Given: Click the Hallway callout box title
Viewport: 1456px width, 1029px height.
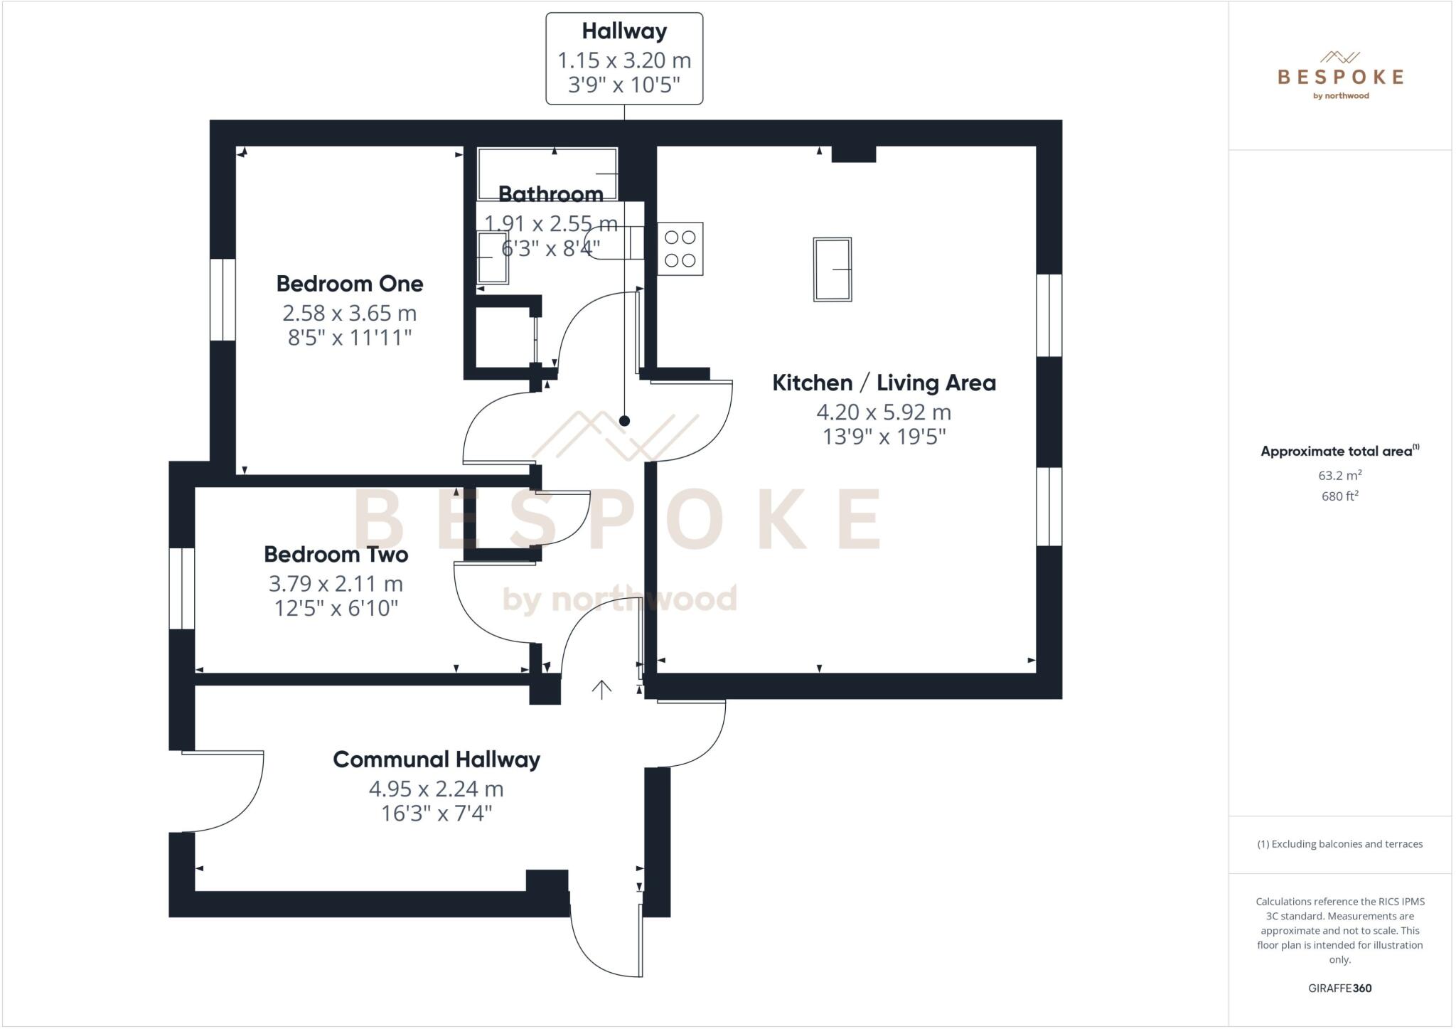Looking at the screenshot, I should (x=624, y=31).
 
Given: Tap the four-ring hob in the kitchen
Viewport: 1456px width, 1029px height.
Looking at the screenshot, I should (x=680, y=249).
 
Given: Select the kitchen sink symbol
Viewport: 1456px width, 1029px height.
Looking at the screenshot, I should (x=833, y=270).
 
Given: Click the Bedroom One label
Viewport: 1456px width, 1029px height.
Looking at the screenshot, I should (x=349, y=284).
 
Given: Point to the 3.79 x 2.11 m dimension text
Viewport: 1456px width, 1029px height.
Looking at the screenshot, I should (x=336, y=584).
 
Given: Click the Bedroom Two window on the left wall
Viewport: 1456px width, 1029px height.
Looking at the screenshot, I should (x=182, y=588).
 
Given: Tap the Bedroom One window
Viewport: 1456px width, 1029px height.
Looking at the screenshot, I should (x=223, y=299).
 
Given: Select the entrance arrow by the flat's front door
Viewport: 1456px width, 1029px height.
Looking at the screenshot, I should (x=601, y=689).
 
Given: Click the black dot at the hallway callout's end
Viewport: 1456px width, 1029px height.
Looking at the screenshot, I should (x=624, y=421).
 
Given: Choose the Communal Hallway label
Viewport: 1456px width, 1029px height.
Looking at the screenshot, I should (x=436, y=759).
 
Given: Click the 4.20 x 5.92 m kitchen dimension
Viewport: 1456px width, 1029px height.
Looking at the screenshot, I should (x=883, y=412).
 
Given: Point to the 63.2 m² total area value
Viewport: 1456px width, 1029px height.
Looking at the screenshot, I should (x=1339, y=475).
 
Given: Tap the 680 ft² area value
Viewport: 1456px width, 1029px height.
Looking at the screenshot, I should (x=1339, y=496).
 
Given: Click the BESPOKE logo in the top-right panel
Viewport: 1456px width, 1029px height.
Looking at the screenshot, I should (x=1340, y=76).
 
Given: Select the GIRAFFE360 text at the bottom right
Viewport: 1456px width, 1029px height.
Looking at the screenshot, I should (x=1339, y=988).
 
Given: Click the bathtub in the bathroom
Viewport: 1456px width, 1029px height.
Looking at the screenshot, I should (x=547, y=173).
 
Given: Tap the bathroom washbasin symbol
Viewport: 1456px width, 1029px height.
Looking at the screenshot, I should (x=492, y=257).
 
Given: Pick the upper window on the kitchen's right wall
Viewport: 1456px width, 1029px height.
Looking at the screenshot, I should (x=1049, y=315).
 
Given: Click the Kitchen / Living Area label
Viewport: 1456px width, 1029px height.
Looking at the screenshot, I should (x=884, y=383).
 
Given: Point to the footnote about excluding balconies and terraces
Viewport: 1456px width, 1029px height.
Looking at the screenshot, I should (x=1339, y=844).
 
